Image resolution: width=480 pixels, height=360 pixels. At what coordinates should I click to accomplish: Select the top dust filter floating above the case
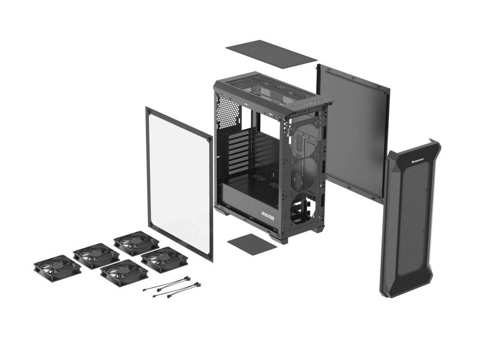click(271, 52)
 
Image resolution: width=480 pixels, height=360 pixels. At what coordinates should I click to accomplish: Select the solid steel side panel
click(353, 130)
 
